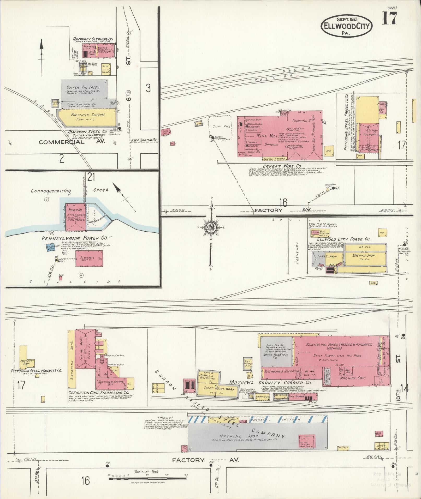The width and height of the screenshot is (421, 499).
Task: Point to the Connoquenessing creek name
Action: [51, 191]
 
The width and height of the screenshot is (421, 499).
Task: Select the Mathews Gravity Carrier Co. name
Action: [270, 382]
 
